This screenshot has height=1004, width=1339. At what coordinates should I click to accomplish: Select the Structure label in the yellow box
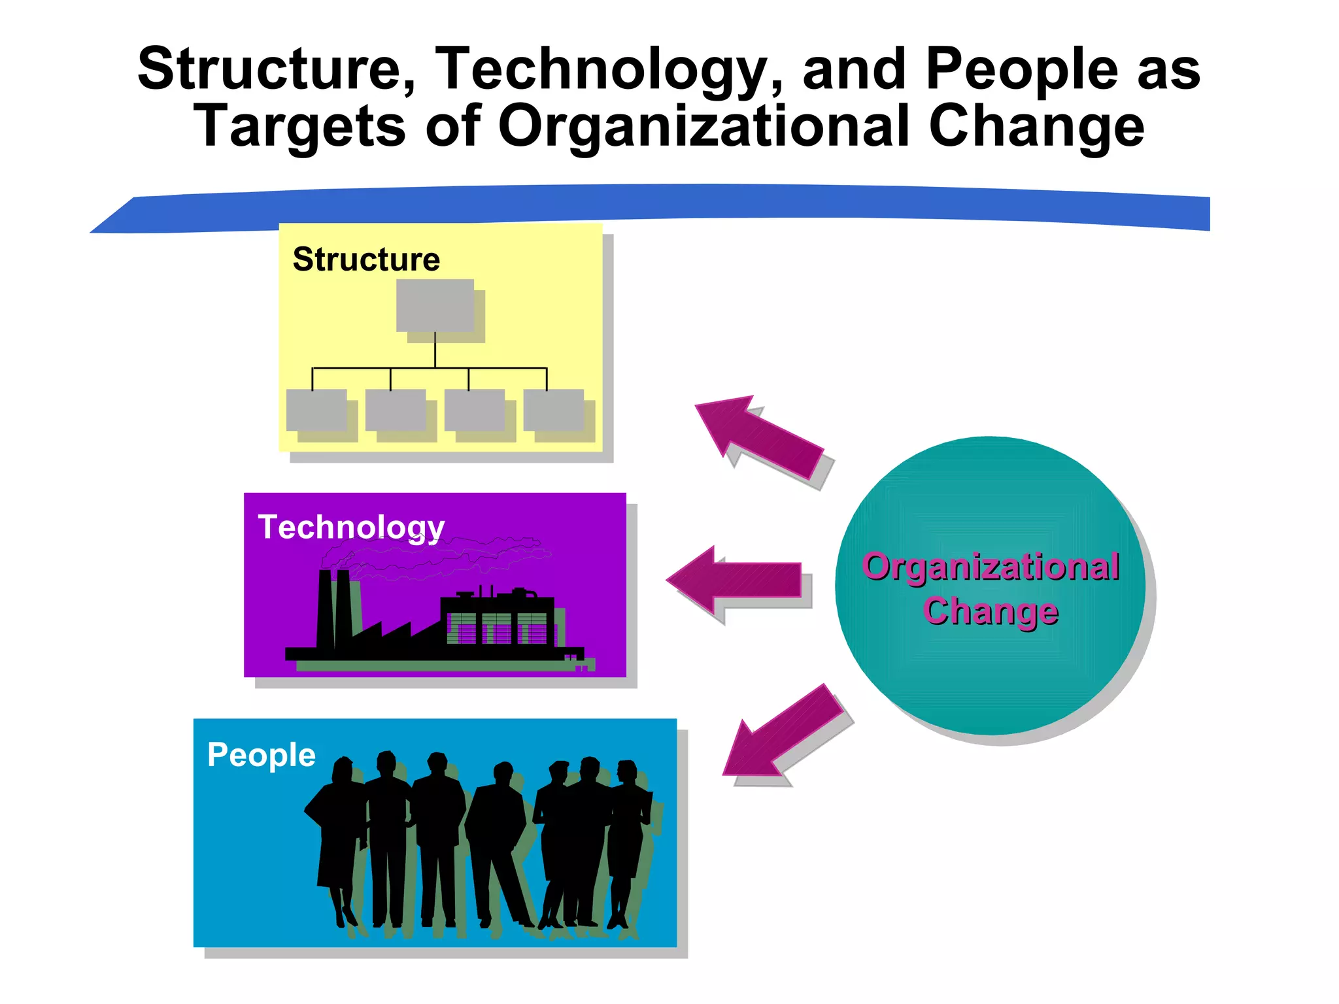366,259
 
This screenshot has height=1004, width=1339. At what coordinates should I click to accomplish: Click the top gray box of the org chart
435,305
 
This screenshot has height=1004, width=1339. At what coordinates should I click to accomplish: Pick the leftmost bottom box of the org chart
316,410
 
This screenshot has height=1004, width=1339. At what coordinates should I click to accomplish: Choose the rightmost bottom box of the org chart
554,410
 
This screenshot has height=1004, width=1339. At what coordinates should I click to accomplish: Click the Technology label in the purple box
351,527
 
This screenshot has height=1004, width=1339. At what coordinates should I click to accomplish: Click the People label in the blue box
262,755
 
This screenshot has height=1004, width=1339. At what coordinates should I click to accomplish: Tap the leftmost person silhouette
337,837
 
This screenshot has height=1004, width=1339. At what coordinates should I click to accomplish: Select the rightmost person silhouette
628,837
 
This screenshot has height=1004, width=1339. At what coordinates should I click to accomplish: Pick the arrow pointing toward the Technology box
736,579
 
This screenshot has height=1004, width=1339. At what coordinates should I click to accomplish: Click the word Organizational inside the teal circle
991,566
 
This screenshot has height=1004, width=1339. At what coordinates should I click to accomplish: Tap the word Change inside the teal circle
991,611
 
